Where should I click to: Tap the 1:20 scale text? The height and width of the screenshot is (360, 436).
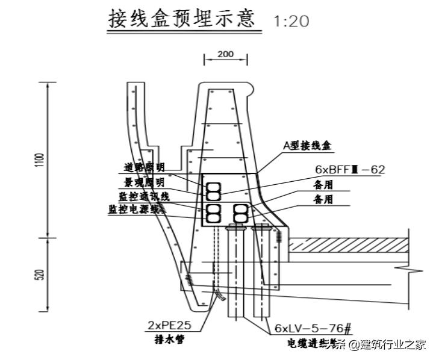[x=291, y=22]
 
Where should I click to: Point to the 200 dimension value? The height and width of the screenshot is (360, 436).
[x=225, y=54]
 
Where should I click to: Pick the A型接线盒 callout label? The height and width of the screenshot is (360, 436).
[x=307, y=145]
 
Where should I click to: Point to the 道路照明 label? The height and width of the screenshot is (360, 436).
[x=145, y=168]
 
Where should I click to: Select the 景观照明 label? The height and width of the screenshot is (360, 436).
[x=145, y=182]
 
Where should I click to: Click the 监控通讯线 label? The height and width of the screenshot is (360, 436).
[x=144, y=196]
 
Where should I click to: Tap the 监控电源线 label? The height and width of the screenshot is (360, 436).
[x=136, y=209]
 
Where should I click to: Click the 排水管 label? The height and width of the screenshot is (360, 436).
[x=169, y=340]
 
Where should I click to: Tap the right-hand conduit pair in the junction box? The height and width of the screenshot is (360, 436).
[x=241, y=213]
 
